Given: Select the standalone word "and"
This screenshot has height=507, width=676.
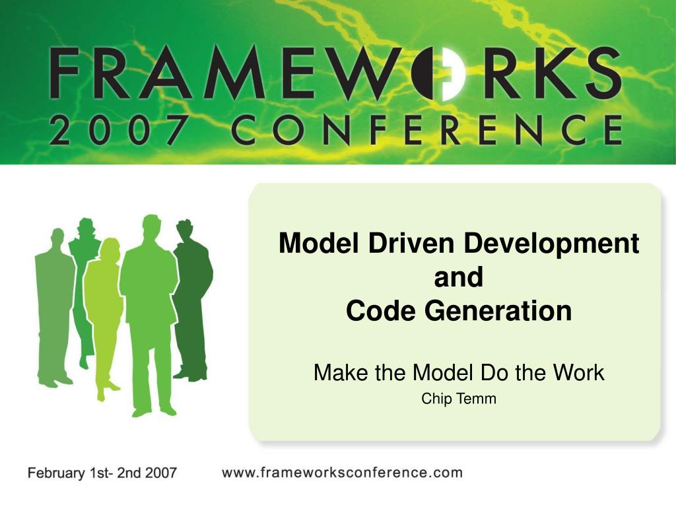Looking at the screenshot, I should (x=459, y=277).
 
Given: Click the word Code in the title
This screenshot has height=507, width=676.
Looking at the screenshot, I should (x=375, y=311).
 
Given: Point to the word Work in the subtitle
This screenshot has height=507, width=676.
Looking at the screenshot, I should (x=579, y=373).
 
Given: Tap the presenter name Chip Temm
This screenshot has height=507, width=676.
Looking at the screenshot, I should (x=459, y=398).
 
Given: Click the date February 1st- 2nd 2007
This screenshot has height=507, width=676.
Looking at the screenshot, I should (x=102, y=473).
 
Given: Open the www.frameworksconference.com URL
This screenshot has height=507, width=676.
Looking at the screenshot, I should (x=342, y=473).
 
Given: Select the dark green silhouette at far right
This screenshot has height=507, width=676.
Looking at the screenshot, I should (x=191, y=297).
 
